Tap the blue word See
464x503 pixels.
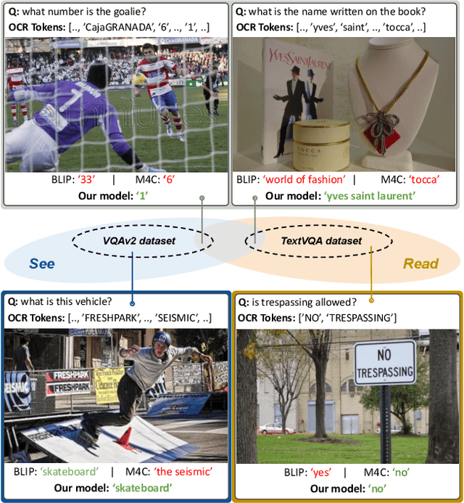pos(41,263)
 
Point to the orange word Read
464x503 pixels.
pos(420,263)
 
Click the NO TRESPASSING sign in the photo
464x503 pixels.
pos(384,364)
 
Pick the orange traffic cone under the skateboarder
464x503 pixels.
pos(124,437)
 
